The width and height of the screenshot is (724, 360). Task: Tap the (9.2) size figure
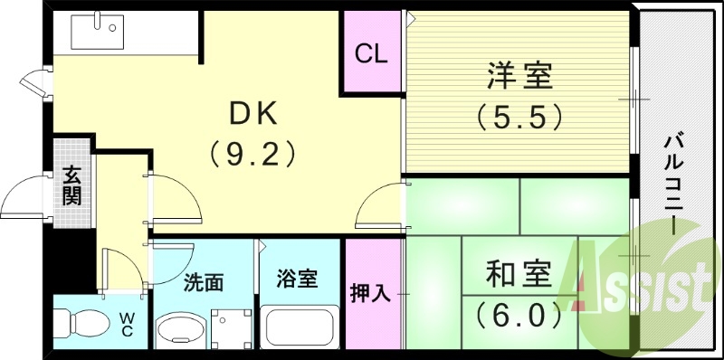coord(254,155)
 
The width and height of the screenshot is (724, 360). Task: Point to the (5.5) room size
coord(519,117)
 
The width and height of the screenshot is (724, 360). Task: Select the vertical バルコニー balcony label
coord(673,182)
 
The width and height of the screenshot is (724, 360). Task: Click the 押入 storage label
coord(370,292)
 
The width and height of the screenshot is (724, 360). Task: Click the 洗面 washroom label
coord(204,282)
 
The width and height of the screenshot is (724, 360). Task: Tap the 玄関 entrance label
coord(72,185)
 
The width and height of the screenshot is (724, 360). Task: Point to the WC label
coord(127,325)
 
